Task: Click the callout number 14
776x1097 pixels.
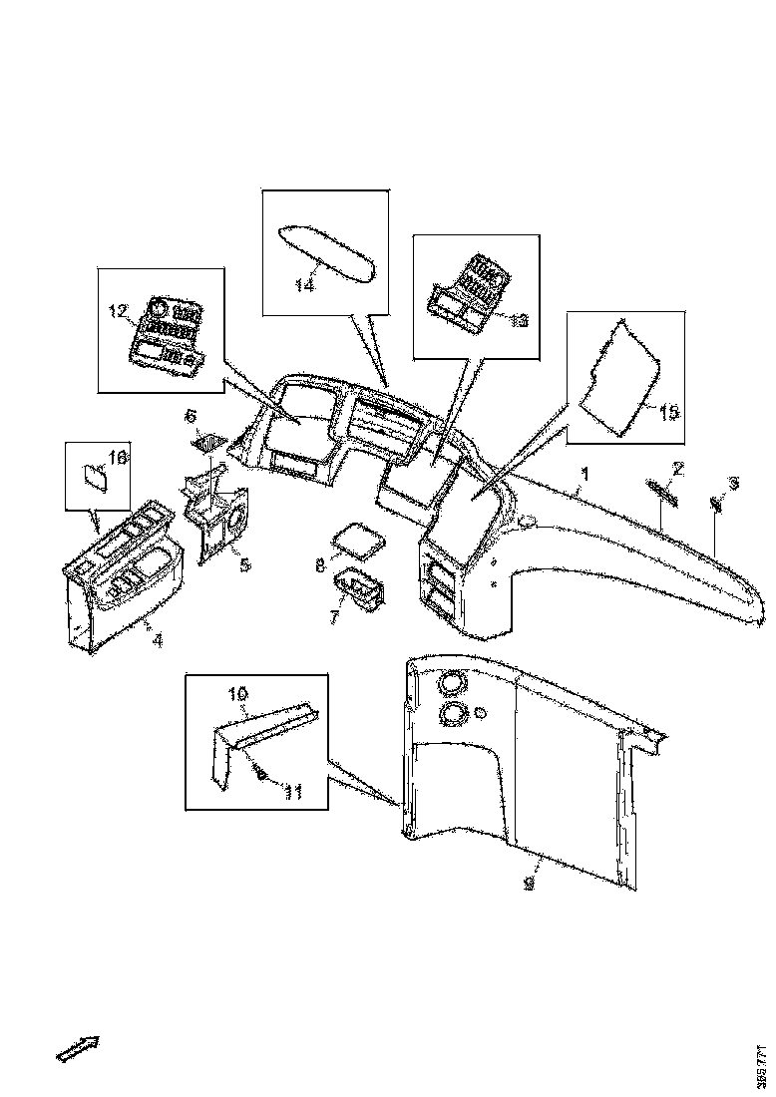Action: point(304,284)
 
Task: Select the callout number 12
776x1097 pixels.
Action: point(119,312)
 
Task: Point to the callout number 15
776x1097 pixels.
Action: point(667,411)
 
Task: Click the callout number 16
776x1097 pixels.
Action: point(118,457)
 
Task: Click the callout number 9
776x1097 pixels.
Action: point(530,884)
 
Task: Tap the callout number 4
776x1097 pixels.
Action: point(157,640)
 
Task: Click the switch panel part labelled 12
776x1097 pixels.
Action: point(168,332)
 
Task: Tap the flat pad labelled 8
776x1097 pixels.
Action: point(358,540)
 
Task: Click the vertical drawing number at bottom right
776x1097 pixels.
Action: point(762,1065)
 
